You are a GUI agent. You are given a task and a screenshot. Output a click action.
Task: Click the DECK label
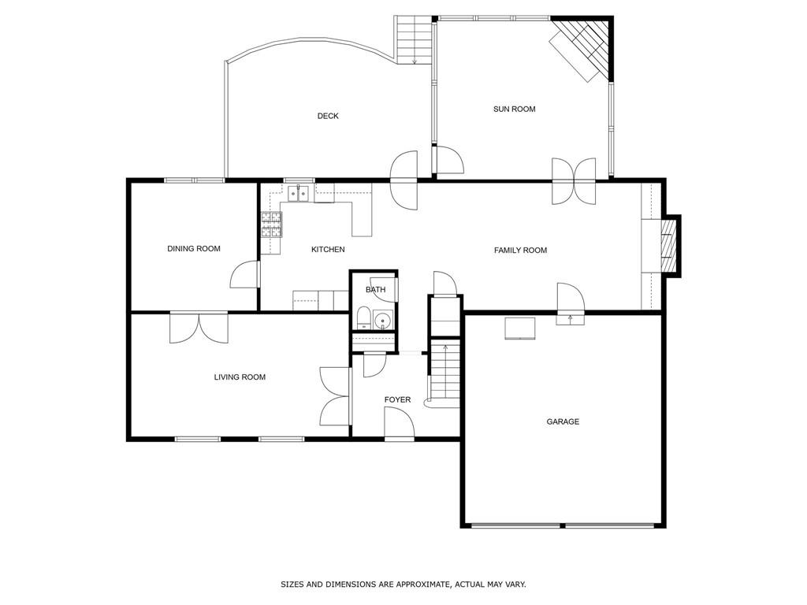[328, 116]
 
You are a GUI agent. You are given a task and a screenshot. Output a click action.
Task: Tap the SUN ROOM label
[514, 109]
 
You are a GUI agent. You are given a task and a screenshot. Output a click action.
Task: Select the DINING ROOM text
[193, 249]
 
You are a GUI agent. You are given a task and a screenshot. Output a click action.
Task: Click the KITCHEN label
[328, 250]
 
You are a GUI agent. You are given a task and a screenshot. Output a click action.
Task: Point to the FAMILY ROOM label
[520, 251]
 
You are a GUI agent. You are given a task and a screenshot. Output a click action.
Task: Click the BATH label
[375, 290]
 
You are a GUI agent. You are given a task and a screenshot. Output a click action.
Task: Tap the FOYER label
[397, 400]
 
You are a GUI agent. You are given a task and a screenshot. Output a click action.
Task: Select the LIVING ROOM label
[240, 377]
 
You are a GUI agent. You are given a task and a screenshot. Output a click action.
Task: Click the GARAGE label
[563, 422]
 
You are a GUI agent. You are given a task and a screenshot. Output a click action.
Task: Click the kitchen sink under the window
[297, 192]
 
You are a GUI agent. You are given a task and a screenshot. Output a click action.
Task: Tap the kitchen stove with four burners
[271, 225]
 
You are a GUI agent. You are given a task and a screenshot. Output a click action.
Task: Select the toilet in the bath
[364, 319]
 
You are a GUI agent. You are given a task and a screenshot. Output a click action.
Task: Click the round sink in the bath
[383, 321]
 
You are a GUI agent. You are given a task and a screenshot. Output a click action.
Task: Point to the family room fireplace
[668, 247]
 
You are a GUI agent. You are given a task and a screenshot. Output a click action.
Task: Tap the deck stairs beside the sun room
[415, 39]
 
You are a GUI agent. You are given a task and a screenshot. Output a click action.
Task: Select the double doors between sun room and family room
[574, 181]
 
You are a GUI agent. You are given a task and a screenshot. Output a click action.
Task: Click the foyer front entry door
[399, 425]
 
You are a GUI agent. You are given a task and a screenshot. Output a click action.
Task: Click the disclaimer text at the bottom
[403, 585]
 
